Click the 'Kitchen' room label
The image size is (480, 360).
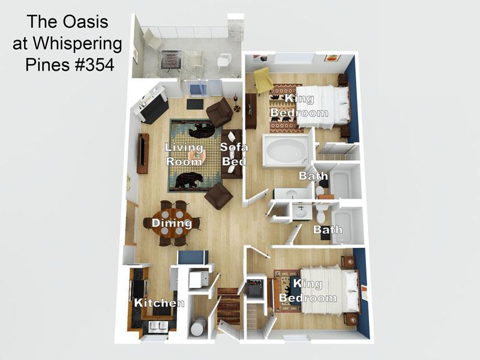[x=159, y=303]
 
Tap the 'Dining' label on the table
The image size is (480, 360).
[x=172, y=223]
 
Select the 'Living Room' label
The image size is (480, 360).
[x=184, y=154]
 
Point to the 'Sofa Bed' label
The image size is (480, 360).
[x=233, y=154]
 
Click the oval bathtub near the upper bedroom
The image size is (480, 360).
[x=286, y=150]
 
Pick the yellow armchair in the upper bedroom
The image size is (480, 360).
[x=262, y=80]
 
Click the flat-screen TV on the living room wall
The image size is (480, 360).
[x=143, y=153]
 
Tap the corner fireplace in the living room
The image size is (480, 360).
[x=151, y=106]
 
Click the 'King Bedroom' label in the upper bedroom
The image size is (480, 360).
[x=299, y=105]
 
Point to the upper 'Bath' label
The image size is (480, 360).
[x=314, y=176]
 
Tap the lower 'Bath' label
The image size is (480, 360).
[x=328, y=229]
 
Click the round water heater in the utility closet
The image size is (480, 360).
[x=196, y=327]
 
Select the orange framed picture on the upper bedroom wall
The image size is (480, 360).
[x=332, y=58]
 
